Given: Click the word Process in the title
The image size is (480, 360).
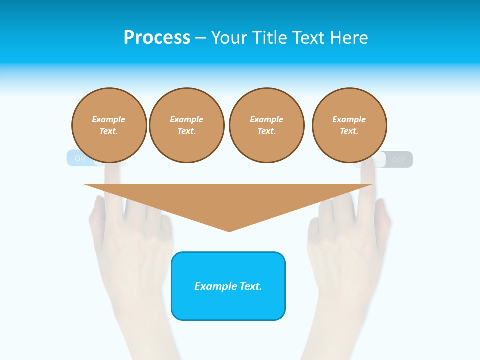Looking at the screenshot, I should pyautogui.click(x=157, y=38).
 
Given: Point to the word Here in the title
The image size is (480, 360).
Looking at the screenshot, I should pyautogui.click(x=348, y=38).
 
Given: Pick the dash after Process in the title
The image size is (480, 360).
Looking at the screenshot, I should pyautogui.click(x=200, y=38).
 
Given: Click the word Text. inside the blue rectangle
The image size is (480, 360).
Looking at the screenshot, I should pyautogui.click(x=250, y=286).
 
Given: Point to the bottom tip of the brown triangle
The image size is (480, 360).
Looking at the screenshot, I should pyautogui.click(x=229, y=230).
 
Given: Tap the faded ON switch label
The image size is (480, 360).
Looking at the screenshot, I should pyautogui.click(x=80, y=159).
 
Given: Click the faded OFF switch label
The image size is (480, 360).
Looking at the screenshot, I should pyautogui.click(x=399, y=160).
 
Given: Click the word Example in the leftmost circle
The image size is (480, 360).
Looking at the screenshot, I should pyautogui.click(x=109, y=119).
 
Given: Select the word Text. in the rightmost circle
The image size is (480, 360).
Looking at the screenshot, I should pyautogui.click(x=349, y=131).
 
